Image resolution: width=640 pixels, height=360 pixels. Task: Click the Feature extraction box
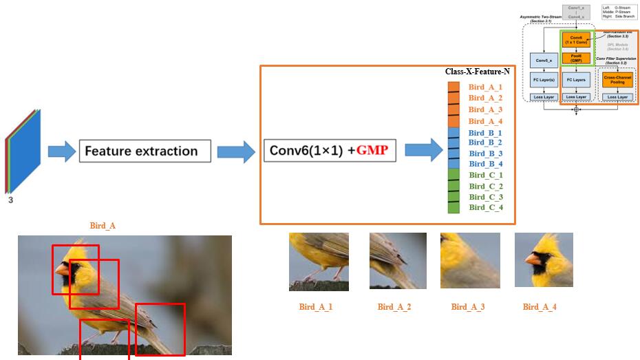click(145, 151)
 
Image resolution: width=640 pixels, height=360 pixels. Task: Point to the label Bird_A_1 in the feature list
click(485, 87)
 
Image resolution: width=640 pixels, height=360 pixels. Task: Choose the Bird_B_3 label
click(485, 153)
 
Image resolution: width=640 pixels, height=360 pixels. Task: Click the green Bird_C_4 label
click(485, 207)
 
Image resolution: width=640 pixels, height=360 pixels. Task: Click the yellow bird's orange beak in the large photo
click(63, 270)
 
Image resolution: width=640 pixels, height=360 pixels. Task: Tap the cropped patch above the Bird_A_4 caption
click(544, 260)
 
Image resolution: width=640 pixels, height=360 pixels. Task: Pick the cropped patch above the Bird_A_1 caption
click(319, 262)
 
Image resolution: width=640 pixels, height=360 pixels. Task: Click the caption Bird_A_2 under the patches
click(394, 307)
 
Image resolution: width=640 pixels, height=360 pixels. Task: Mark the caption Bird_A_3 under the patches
click(468, 307)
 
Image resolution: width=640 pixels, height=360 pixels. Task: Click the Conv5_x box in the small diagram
click(544, 61)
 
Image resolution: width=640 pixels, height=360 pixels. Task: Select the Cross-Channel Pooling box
click(617, 81)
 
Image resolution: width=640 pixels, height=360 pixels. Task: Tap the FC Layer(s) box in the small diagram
click(544, 81)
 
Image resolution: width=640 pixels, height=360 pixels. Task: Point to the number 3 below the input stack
click(10, 200)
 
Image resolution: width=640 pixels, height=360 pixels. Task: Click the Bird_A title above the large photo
click(103, 226)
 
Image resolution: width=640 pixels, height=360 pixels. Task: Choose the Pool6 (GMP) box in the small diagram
click(576, 59)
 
